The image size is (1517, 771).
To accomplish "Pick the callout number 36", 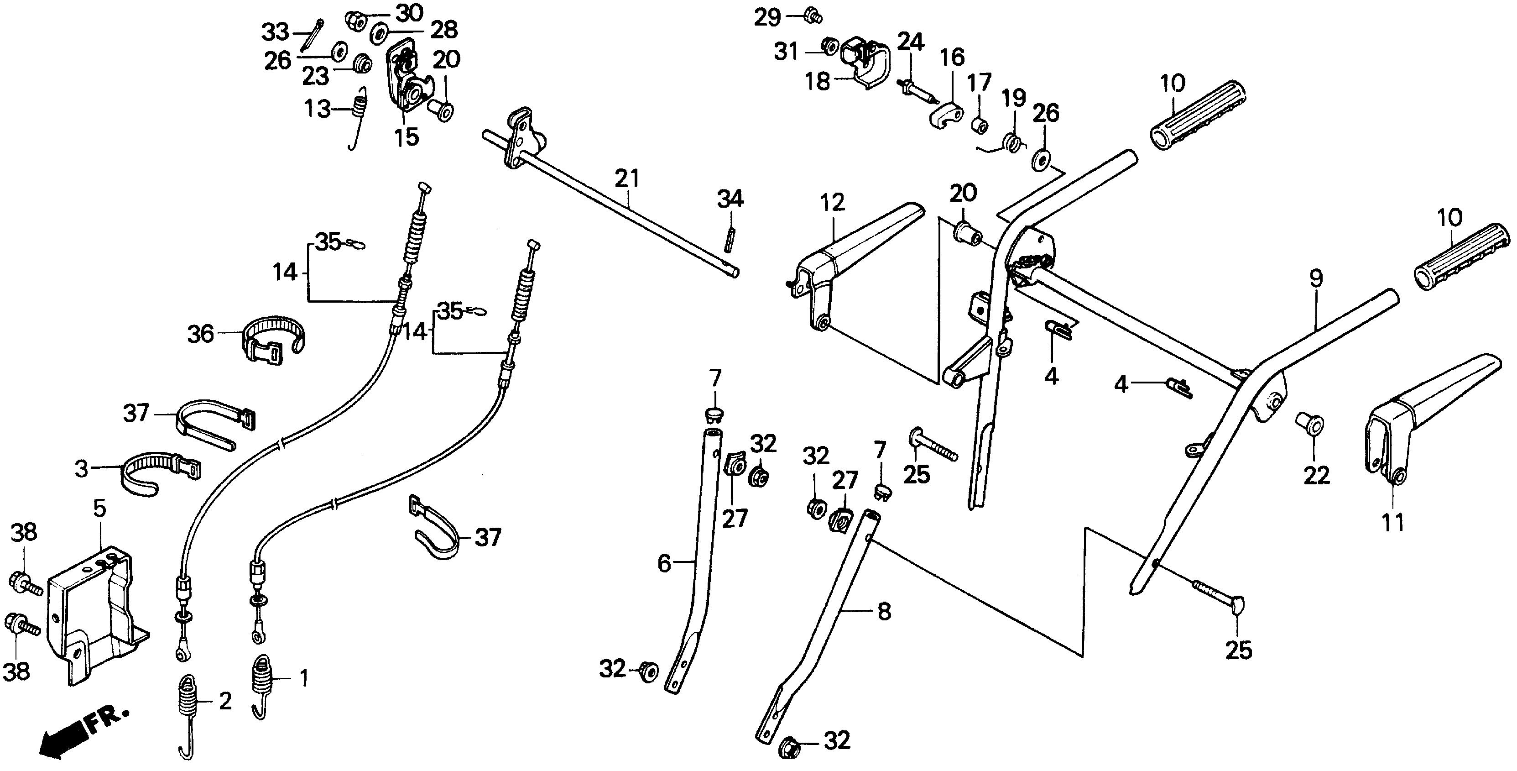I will [200, 334].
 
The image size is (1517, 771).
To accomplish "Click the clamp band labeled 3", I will [154, 471].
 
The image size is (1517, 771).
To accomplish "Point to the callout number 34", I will [730, 199].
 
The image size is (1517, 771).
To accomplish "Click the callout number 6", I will [664, 564].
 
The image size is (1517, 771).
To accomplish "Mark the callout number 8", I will [884, 612].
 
